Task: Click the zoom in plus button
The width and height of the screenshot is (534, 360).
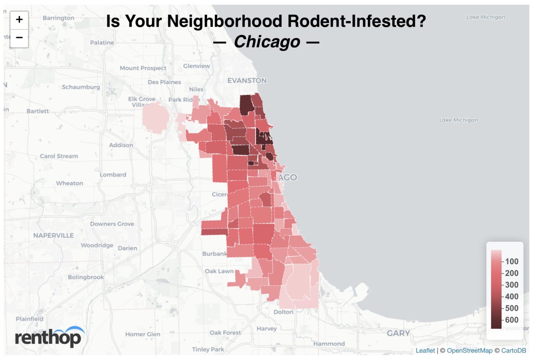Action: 19,20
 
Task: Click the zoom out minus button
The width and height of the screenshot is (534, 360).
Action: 19,38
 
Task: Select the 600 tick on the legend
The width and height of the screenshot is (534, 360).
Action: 511,320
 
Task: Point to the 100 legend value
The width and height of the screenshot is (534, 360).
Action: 511,262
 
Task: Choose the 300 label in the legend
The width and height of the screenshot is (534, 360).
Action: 511,285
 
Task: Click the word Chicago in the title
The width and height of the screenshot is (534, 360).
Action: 267,42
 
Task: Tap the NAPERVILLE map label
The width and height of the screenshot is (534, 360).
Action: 53,235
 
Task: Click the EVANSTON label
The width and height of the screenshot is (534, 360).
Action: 247,80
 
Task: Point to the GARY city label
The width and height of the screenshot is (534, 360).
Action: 398,333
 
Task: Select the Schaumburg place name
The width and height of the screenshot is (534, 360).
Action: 81,87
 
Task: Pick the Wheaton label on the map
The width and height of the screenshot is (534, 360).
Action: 69,183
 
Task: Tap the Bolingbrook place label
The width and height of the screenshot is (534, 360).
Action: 86,277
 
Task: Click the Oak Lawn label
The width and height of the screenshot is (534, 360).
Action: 219,271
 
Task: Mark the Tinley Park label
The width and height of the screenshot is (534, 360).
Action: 208,349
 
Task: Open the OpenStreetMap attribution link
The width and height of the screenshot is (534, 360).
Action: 470,350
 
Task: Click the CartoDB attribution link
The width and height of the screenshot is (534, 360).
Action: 513,350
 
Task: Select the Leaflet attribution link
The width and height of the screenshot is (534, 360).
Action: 425,350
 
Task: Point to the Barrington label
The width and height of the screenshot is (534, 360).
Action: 58,18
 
